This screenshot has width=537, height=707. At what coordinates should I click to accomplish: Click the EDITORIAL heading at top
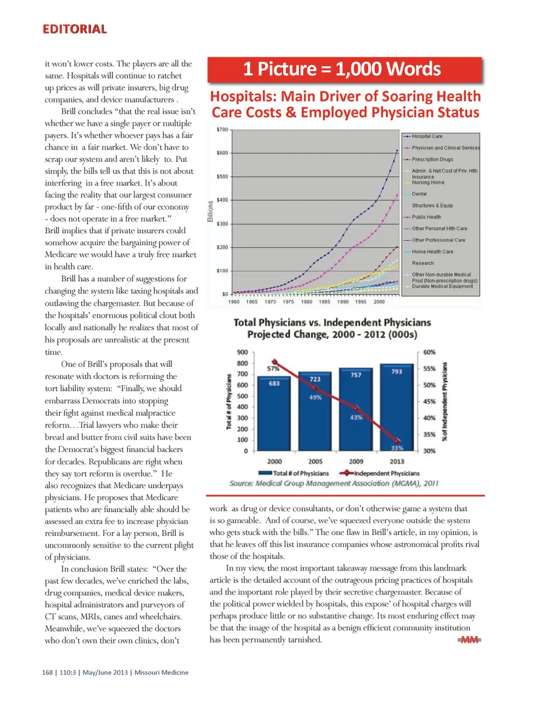point(74,29)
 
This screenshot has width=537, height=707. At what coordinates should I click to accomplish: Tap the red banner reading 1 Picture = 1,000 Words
point(344,69)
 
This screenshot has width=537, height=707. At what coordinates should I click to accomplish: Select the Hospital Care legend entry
point(427,136)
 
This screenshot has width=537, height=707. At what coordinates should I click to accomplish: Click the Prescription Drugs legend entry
point(432,159)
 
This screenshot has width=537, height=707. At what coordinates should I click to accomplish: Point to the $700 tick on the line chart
point(222,130)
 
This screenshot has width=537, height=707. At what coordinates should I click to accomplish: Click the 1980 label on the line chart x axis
point(307,302)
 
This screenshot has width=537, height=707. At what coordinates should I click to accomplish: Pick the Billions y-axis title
point(211,211)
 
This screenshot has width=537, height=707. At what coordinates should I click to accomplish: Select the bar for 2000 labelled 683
point(274,414)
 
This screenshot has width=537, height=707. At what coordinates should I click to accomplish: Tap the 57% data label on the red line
point(272,369)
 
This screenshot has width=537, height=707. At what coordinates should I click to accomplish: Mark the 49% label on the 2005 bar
point(315,397)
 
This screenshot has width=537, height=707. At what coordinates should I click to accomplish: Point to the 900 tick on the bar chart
point(242,352)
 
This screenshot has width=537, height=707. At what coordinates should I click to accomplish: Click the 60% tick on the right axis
point(429,352)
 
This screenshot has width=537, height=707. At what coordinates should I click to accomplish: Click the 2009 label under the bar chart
point(356,462)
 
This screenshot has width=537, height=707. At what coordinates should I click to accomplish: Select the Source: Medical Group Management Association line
point(334,483)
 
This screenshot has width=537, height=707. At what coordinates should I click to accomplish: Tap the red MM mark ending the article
point(469,640)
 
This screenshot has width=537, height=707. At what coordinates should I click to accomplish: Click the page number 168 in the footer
point(47,672)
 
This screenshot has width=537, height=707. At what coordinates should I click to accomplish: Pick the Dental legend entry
point(419,194)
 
